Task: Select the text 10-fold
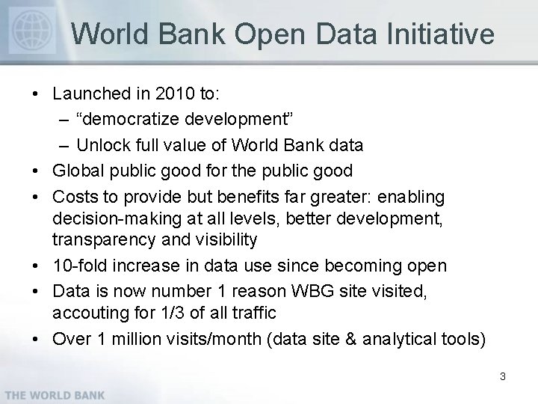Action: pos(78,265)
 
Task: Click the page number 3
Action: pos(502,376)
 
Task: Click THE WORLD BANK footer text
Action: pos(53,394)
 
